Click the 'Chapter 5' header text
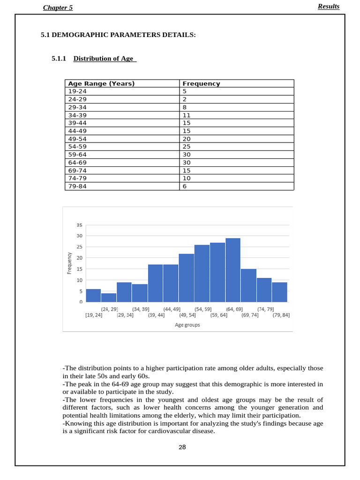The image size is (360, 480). [58, 7]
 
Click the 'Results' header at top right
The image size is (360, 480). [328, 7]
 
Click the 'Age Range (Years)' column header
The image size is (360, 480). [101, 83]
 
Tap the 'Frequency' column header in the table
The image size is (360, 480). [201, 83]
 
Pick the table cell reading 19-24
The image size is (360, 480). [77, 91]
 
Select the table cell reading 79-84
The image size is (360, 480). [77, 186]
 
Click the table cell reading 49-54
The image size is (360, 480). [77, 139]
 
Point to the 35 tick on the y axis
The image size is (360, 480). [79, 225]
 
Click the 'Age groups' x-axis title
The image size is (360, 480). [187, 324]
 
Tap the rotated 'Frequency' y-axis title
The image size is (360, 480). [69, 263]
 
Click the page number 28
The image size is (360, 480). [182, 447]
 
